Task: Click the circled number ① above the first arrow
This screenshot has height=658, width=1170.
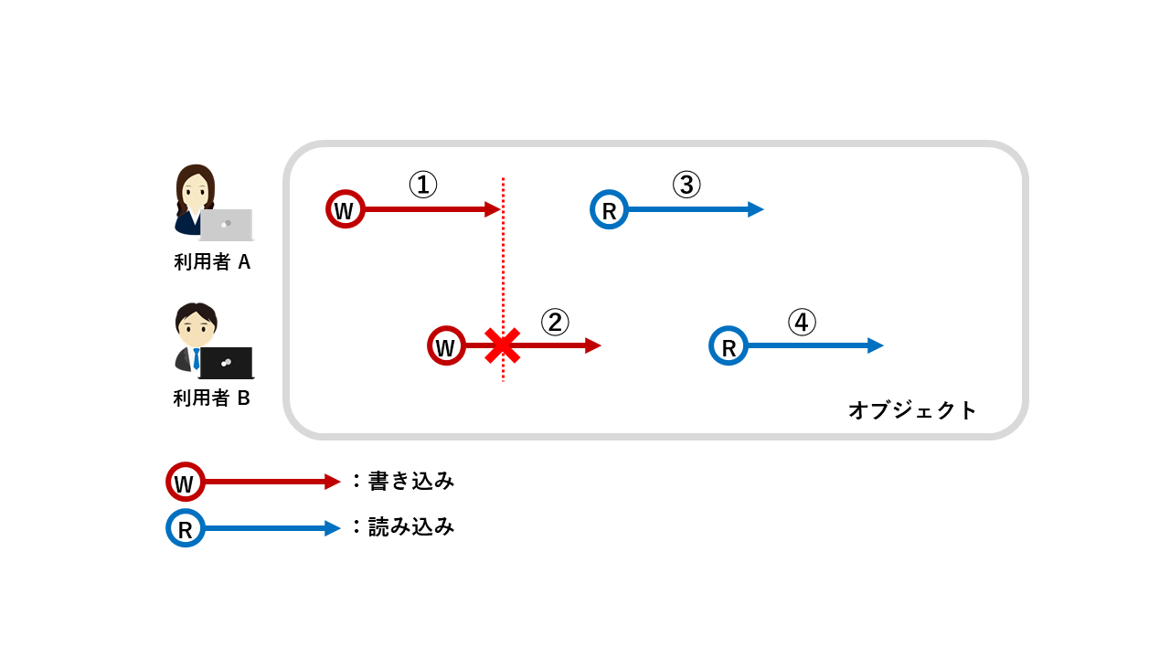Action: [422, 186]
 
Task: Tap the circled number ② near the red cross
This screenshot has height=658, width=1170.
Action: [555, 322]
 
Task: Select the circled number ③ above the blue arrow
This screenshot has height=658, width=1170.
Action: [686, 186]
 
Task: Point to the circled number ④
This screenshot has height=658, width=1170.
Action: [802, 323]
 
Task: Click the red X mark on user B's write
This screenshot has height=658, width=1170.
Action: [502, 346]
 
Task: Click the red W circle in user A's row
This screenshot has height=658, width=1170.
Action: [346, 209]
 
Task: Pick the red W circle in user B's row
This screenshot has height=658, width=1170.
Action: [446, 346]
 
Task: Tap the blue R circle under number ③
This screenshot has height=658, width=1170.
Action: [609, 209]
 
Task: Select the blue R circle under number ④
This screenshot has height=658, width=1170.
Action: [729, 346]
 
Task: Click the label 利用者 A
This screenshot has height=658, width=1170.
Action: [212, 262]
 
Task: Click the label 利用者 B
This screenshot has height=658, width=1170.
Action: [212, 398]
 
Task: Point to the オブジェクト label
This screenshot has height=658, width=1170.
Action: [912, 410]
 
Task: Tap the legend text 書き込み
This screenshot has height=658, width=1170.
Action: [410, 481]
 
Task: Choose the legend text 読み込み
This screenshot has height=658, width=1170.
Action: [410, 527]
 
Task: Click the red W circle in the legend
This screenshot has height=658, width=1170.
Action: [185, 482]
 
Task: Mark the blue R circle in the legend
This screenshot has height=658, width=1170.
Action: [185, 528]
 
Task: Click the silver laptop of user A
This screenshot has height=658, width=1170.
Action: [226, 224]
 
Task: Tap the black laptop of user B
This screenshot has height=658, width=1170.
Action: [226, 363]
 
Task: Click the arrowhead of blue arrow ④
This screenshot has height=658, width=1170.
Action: [877, 345]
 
